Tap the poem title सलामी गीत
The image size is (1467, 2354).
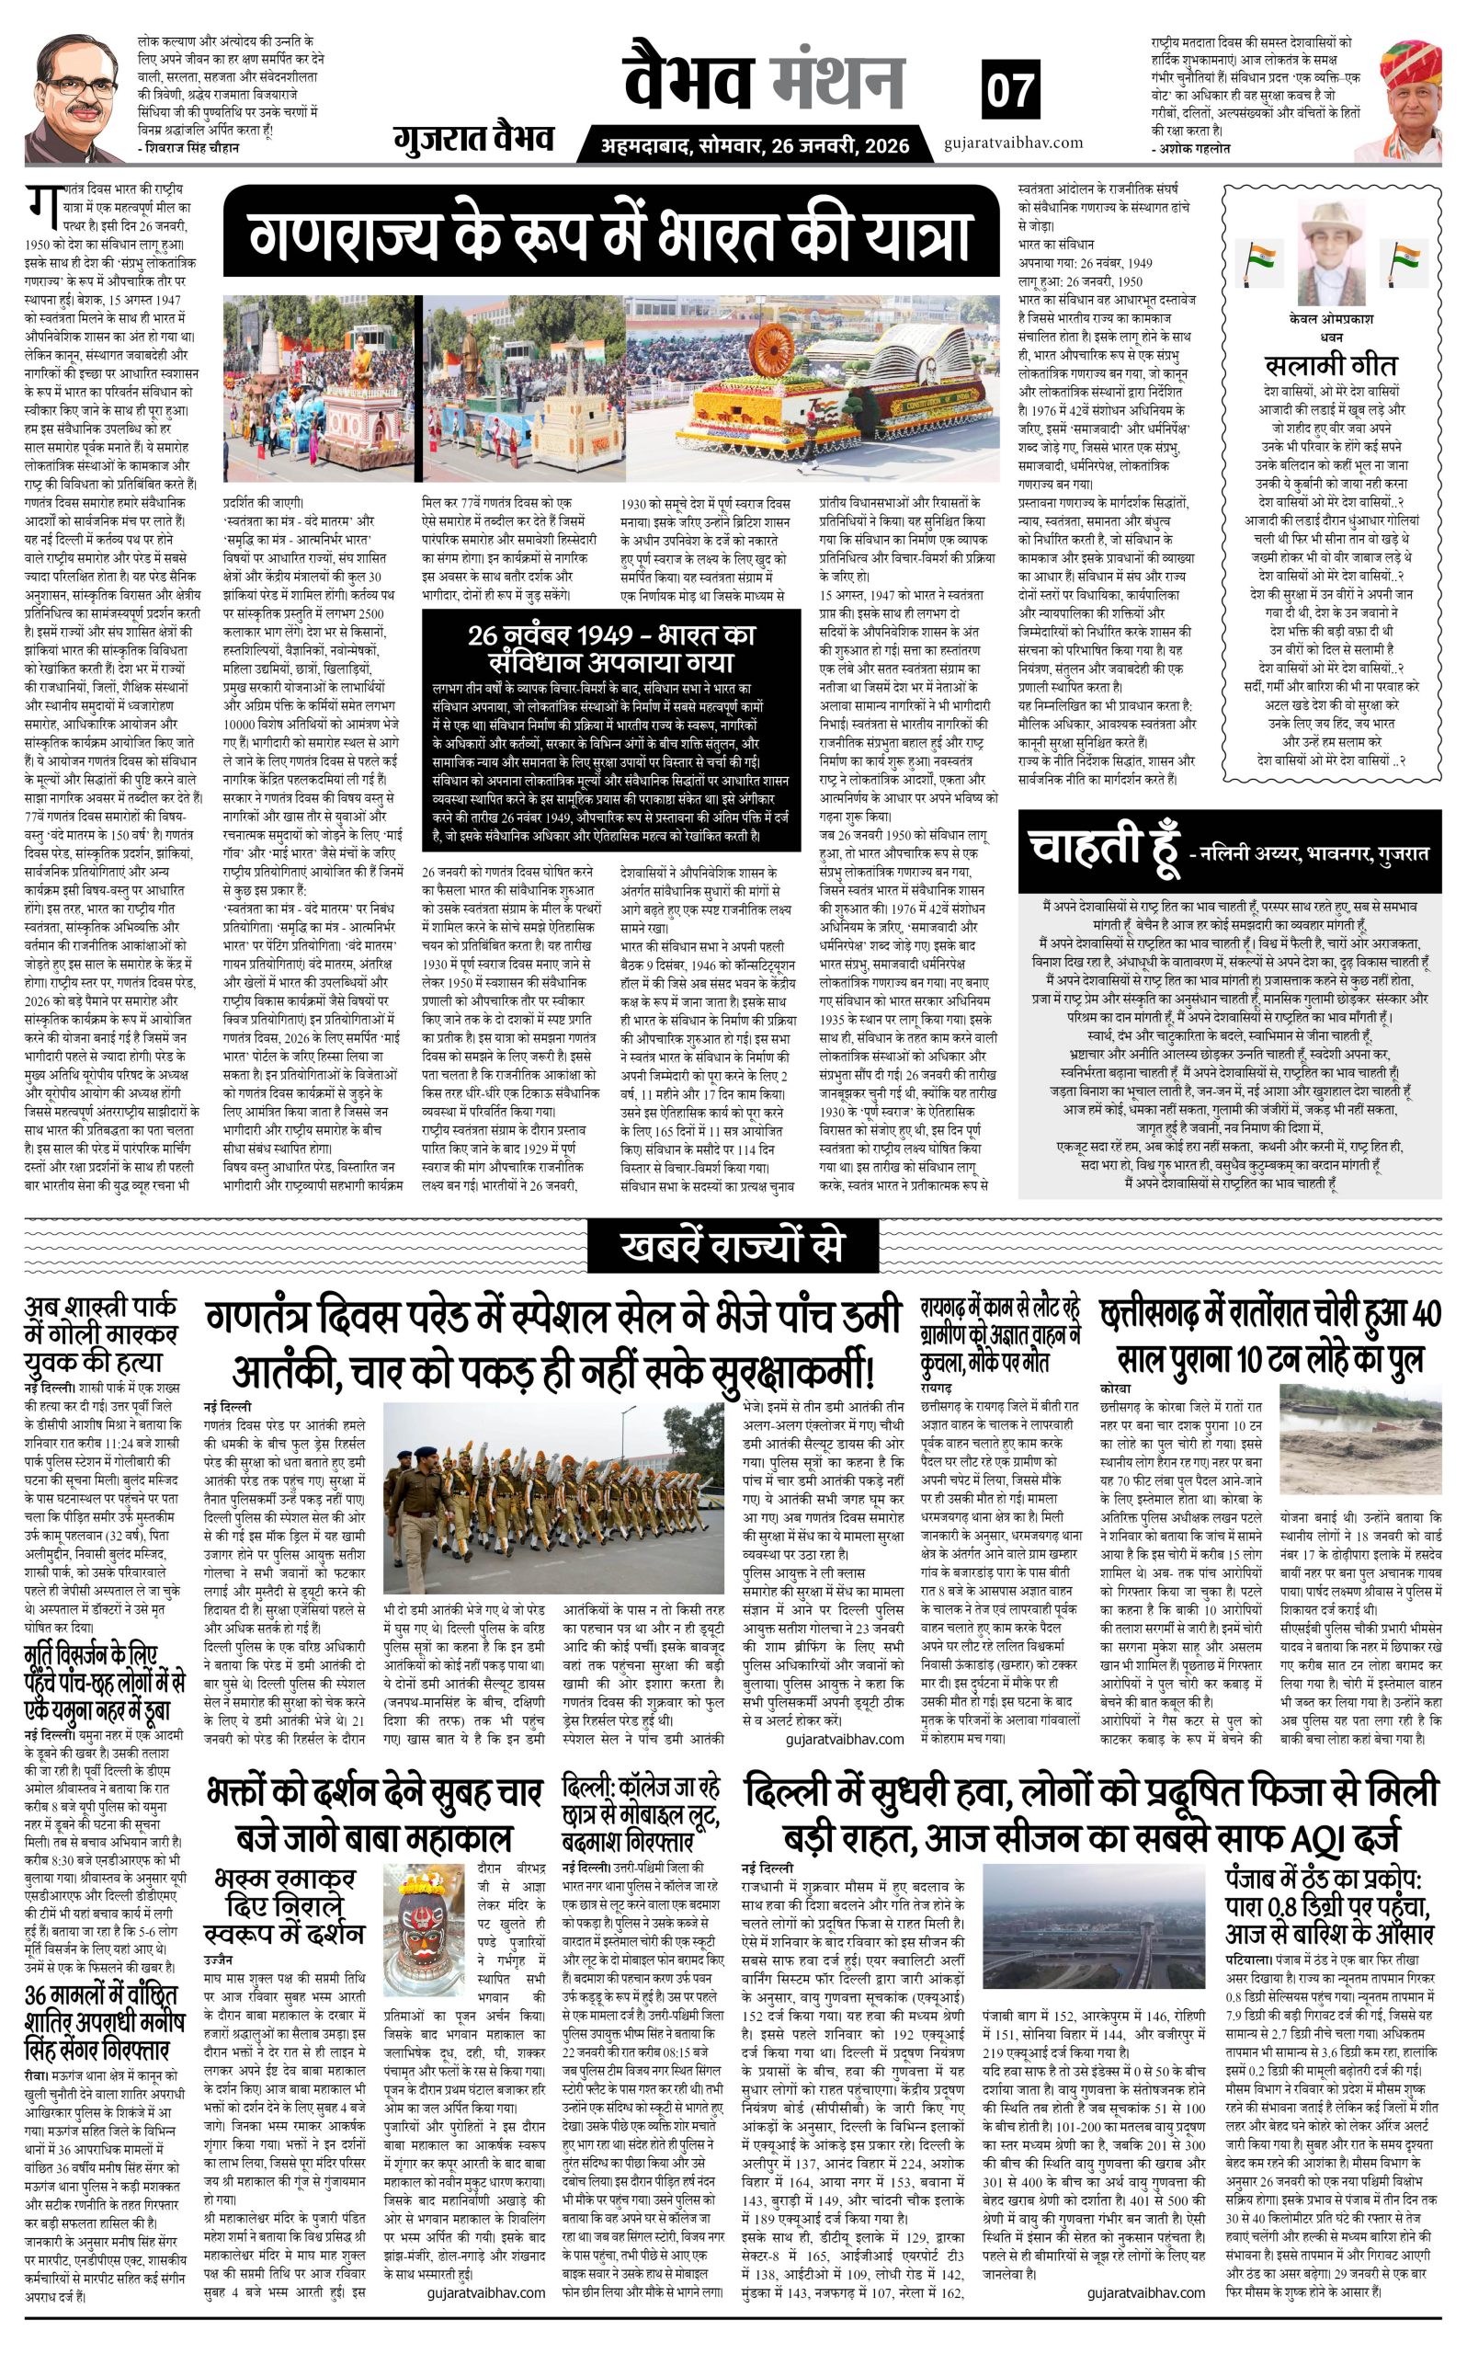[x=1330, y=365]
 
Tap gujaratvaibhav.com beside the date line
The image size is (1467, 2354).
[x=1012, y=143]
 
